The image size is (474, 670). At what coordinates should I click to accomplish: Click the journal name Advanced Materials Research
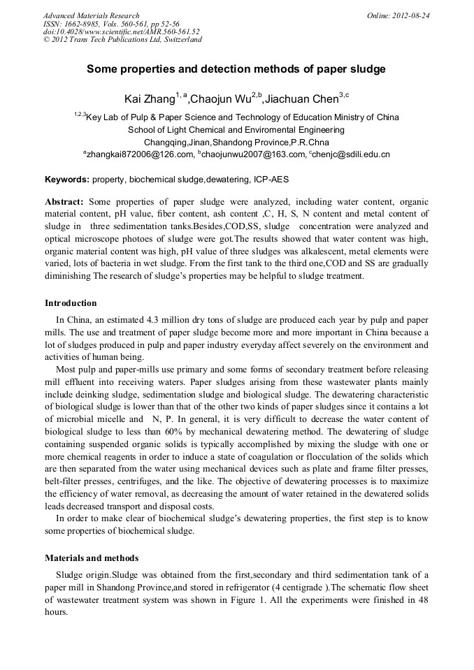(x=92, y=15)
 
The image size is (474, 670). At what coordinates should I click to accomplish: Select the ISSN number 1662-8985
(x=80, y=24)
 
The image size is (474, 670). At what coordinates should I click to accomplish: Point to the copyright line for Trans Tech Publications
(x=122, y=40)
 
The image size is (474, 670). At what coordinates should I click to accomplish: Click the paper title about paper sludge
(x=236, y=70)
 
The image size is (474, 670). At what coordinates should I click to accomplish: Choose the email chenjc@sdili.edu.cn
(x=350, y=154)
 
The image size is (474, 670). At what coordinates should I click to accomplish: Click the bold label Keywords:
(x=67, y=180)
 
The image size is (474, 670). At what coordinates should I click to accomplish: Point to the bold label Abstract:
(x=64, y=201)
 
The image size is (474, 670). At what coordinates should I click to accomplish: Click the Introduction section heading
(x=71, y=303)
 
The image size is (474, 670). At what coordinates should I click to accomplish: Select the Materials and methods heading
(x=92, y=558)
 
